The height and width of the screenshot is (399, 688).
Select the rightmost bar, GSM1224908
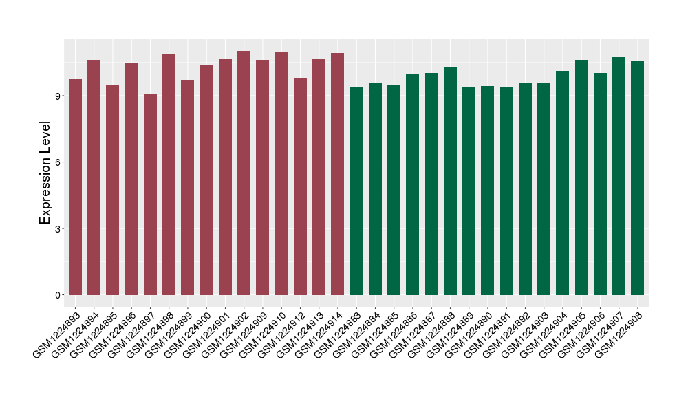tap(638, 178)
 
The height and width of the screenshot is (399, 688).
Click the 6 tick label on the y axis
tap(58, 162)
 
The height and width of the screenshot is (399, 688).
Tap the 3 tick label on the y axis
tap(58, 228)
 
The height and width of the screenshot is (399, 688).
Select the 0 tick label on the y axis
tap(58, 295)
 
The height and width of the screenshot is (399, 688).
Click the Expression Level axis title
tap(45, 172)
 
